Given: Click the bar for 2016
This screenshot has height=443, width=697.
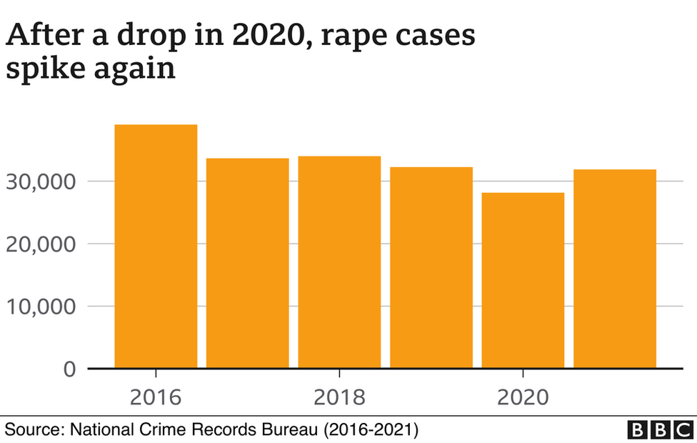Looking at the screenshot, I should tap(156, 247).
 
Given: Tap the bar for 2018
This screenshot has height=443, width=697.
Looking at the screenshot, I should tap(339, 262).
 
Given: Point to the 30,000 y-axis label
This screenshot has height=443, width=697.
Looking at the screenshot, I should tap(41, 181).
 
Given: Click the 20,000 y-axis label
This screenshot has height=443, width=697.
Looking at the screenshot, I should tap(41, 244).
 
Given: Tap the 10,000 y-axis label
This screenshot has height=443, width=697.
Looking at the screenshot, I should tap(41, 307).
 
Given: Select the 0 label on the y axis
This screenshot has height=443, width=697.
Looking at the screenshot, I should tap(69, 369).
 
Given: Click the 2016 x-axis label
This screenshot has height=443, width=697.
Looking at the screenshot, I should tap(156, 397).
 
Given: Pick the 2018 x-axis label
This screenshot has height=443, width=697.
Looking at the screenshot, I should tap(339, 397).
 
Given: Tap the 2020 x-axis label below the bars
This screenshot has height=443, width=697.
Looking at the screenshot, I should tap(523, 397).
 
